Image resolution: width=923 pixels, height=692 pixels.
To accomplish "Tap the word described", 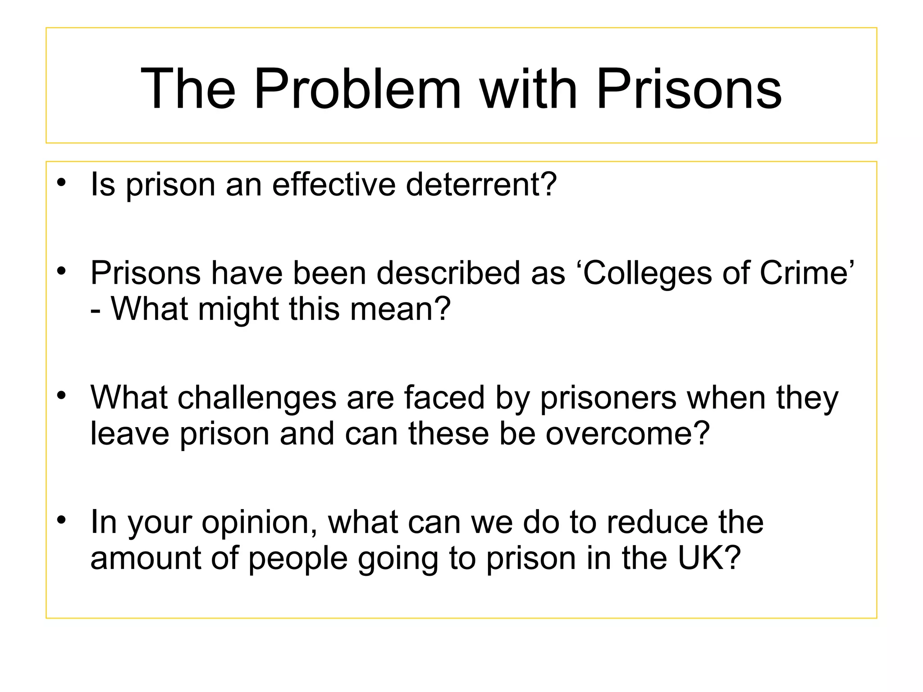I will click(x=448, y=273).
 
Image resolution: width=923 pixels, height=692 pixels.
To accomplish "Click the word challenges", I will click(x=257, y=398).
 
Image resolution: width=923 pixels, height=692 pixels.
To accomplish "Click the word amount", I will click(x=146, y=558).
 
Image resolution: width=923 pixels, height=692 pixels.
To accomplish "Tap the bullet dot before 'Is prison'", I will click(x=62, y=183).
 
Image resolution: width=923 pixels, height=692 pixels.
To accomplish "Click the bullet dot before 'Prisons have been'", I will click(x=62, y=271).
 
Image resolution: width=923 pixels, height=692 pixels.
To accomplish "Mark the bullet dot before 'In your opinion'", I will click(x=62, y=520).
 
